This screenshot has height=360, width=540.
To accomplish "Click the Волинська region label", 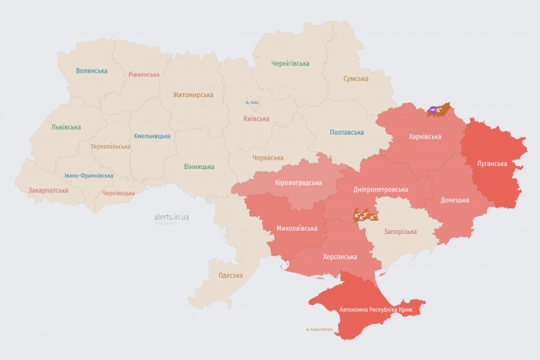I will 92,70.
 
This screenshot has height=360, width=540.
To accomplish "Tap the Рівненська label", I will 143,75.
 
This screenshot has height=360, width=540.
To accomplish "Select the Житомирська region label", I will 193,95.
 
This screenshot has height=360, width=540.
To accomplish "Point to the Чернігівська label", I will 290,63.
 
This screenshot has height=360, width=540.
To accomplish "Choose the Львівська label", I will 66,127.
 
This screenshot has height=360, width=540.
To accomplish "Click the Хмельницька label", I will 152,135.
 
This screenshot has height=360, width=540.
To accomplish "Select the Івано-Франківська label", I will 88,175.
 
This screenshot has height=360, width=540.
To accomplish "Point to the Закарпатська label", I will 48,190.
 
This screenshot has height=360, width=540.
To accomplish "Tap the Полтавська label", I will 347,131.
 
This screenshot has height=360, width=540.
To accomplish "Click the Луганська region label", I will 492,164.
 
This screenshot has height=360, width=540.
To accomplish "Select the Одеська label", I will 230,275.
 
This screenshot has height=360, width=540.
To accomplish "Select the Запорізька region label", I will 400,232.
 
